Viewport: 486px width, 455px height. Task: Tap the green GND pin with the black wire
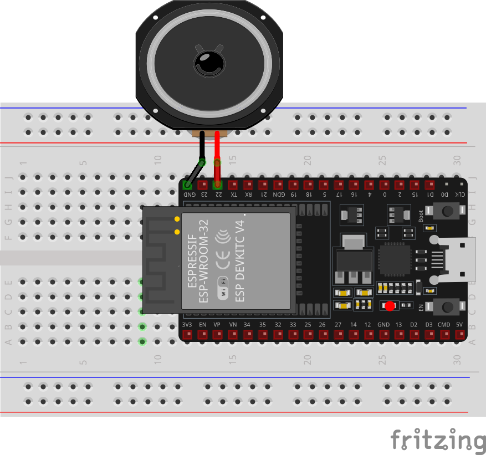188,184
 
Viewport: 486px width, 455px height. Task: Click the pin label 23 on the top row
203,195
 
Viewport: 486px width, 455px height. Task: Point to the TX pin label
233,195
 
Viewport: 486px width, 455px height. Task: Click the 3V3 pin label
187,324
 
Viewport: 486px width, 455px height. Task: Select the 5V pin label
459,324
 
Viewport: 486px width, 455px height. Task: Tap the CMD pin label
444,324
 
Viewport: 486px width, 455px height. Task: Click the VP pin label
217,324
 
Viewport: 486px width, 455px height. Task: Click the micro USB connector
458,258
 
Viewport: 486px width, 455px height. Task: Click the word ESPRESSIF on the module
192,260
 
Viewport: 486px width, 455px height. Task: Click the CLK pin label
459,195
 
